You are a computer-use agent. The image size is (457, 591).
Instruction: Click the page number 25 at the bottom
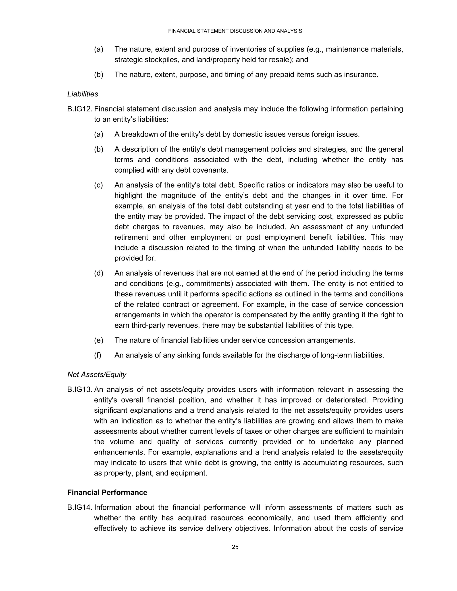click(235, 547)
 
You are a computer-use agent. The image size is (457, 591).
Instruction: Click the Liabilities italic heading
click(83, 94)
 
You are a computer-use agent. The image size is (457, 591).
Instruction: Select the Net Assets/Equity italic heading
click(97, 374)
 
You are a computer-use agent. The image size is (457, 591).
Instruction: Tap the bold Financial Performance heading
click(107, 492)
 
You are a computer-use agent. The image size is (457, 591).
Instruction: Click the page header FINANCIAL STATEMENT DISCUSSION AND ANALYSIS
click(235, 31)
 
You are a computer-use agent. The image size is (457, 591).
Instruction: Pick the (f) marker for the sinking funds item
click(98, 355)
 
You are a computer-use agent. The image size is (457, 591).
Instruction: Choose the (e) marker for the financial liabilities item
click(99, 340)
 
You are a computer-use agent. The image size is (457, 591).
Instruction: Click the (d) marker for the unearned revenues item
click(99, 273)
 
